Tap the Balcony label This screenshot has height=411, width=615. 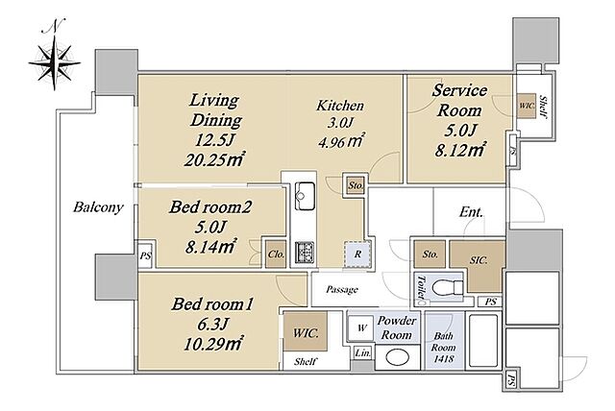pyautogui.click(x=98, y=206)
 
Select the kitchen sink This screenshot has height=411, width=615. pyautogui.click(x=305, y=196)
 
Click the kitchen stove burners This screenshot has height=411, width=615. pyautogui.click(x=305, y=253)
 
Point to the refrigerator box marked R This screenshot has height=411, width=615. pyautogui.click(x=357, y=254)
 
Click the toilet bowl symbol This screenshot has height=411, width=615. pyautogui.click(x=447, y=288)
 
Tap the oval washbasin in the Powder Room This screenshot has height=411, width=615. pyautogui.click(x=398, y=357)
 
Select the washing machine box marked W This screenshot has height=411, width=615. pyautogui.click(x=361, y=327)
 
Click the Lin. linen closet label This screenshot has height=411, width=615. pyautogui.click(x=363, y=353)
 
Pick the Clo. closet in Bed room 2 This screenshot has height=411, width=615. pyautogui.click(x=276, y=254)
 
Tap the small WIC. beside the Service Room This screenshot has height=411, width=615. pyautogui.click(x=526, y=106)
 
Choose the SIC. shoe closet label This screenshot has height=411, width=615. pyautogui.click(x=479, y=260)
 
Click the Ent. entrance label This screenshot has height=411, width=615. pyautogui.click(x=471, y=212)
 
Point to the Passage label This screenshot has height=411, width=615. pyautogui.click(x=342, y=290)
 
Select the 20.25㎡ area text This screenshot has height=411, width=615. pyautogui.click(x=214, y=159)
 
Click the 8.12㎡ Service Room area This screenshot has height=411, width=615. pyautogui.click(x=460, y=149)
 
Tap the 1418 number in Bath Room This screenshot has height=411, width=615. pyautogui.click(x=443, y=358)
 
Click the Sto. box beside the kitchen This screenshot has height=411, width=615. pyautogui.click(x=356, y=185)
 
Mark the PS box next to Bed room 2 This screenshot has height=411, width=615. pyautogui.click(x=145, y=256)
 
